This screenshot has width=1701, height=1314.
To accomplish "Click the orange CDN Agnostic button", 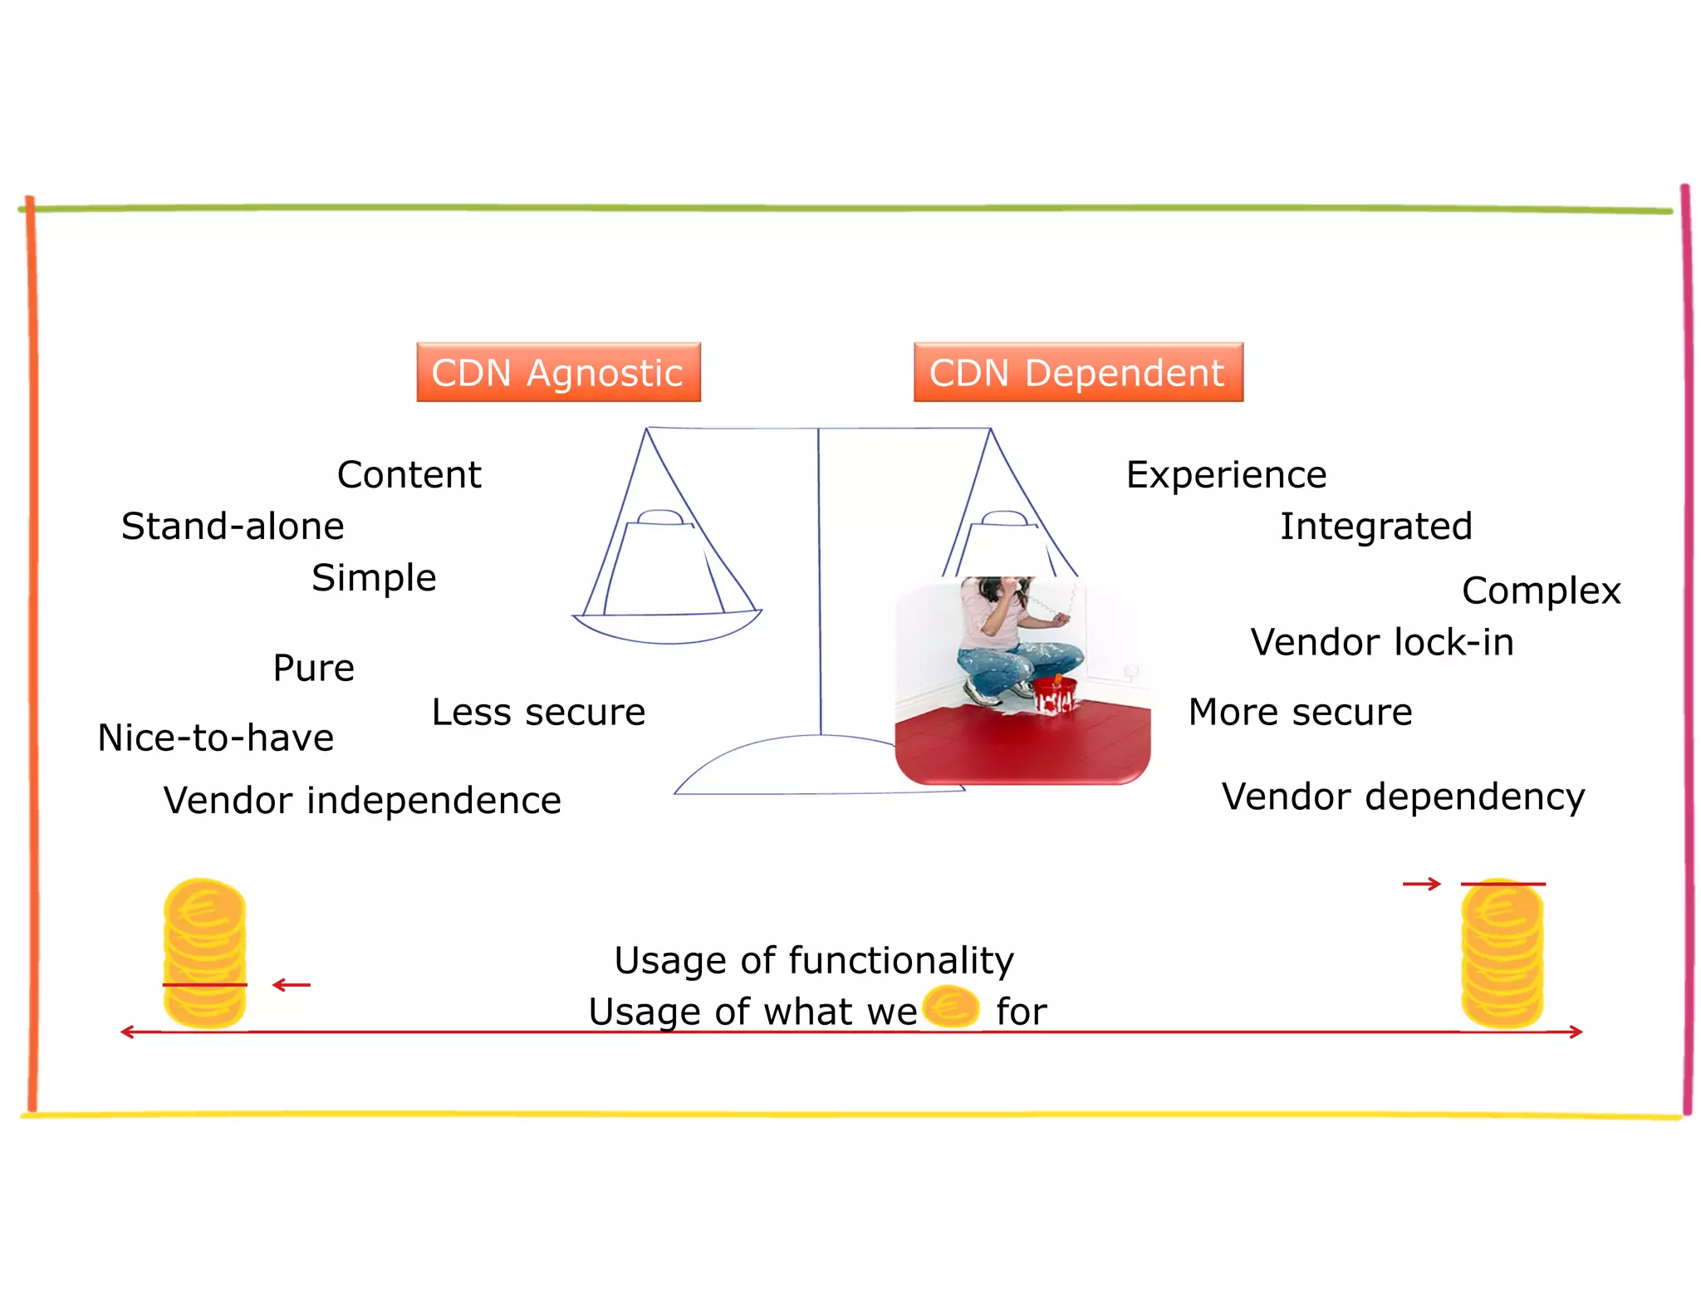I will point(558,372).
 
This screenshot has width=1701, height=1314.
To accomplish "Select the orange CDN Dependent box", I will point(1077,372).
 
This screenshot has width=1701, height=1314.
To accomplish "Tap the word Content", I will point(409,475).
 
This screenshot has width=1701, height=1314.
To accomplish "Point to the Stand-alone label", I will point(233,527).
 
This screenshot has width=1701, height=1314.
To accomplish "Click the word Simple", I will point(374,578).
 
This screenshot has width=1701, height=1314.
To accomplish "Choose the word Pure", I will point(313,669).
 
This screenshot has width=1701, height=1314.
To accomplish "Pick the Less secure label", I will point(538,713).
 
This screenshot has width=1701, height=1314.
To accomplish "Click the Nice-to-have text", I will point(216,738).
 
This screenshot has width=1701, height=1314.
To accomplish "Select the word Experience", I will point(1226,475).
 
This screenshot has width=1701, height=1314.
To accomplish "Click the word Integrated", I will point(1375,527).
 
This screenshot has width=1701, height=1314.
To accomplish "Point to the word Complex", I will point(1541,591).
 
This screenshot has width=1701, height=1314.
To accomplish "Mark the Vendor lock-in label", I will point(1382,643).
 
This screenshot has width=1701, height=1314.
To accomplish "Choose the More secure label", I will point(1300,713).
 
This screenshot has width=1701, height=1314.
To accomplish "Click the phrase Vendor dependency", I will point(1403,797).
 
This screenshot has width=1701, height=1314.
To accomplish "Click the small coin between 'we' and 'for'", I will point(951,1007).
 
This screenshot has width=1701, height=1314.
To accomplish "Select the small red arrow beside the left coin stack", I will point(292,985).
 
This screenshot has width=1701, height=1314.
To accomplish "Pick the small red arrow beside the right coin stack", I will point(1422,885).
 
